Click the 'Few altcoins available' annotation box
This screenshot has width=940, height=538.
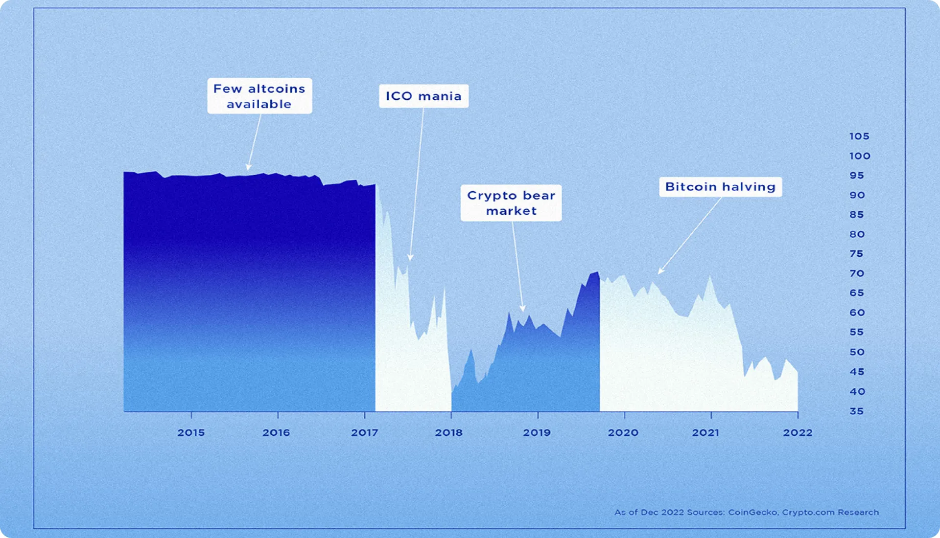(259, 96)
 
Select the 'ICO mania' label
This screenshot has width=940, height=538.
(423, 96)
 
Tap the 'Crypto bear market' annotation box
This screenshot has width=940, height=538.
(511, 202)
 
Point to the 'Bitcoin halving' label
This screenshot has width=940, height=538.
(720, 187)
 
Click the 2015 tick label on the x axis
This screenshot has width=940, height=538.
(191, 432)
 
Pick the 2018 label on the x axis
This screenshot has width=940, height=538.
(448, 432)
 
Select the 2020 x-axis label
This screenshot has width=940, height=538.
(623, 432)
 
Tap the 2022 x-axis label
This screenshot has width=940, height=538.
(798, 432)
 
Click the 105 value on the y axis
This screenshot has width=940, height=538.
(859, 136)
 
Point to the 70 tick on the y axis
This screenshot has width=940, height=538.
(857, 273)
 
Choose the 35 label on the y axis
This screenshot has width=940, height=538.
(857, 411)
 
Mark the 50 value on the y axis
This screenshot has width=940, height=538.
(857, 352)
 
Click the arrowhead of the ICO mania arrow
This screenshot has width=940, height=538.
(410, 258)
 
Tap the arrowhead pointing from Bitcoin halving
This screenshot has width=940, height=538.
(661, 271)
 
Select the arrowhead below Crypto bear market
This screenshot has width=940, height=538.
(522, 309)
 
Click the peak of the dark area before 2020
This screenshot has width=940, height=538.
(597, 273)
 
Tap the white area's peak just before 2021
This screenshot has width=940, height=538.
(709, 277)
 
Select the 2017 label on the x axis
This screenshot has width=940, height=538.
(364, 432)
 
